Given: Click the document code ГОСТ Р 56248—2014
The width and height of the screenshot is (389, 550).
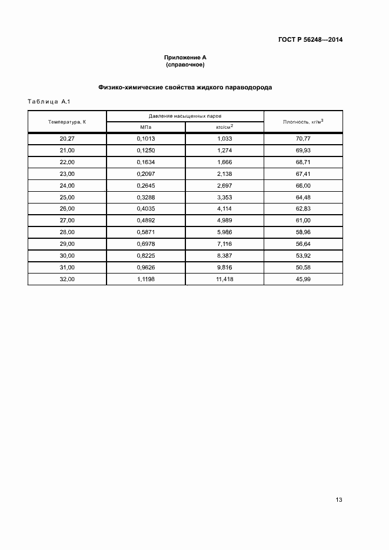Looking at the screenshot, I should [x=310, y=40].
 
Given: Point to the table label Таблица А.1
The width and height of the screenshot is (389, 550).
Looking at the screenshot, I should [x=49, y=102].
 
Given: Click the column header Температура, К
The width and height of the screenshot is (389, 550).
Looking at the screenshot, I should [x=67, y=121].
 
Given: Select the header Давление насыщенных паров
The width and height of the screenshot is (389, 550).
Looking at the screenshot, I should [x=185, y=116].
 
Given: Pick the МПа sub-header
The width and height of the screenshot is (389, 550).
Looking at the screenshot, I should [x=145, y=127].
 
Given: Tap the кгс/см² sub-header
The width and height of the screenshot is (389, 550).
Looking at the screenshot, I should [x=224, y=126].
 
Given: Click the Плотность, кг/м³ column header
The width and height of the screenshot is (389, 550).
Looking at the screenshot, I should [x=303, y=121].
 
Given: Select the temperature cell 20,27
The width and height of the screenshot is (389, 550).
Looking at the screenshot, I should [x=67, y=138].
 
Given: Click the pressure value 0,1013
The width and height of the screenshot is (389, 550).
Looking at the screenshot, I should [x=145, y=138].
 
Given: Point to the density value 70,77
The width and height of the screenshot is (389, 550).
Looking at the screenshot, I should [x=303, y=138].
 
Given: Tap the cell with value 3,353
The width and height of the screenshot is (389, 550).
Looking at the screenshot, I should [x=225, y=197].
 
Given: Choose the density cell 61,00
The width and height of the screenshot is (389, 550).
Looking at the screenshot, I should [x=303, y=220].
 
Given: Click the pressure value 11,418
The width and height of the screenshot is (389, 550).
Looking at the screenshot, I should [x=225, y=279].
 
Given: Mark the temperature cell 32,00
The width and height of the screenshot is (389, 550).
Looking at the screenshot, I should [x=67, y=279].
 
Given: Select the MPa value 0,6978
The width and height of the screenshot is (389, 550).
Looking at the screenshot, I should [x=145, y=244].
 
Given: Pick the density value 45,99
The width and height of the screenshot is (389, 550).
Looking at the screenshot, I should [x=303, y=279].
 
